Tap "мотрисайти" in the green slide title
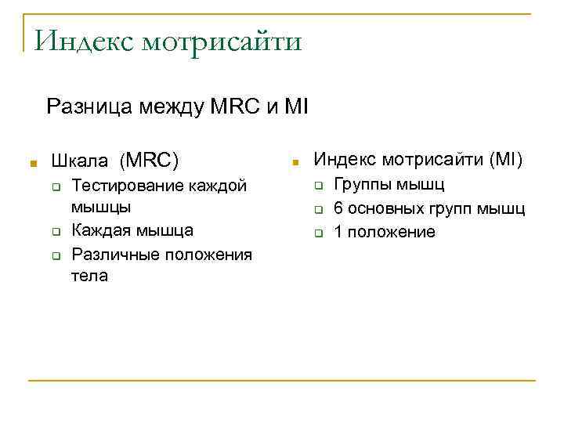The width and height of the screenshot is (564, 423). click(221, 40)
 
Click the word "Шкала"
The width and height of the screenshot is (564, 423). click(80, 161)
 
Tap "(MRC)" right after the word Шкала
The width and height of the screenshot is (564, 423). click(149, 161)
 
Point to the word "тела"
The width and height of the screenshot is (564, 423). click(89, 276)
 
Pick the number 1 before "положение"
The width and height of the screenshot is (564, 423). click(338, 232)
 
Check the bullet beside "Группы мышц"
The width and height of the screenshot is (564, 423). click(320, 187)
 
